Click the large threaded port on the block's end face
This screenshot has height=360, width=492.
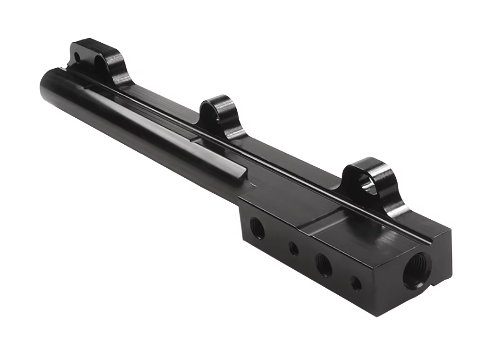(x=416, y=270)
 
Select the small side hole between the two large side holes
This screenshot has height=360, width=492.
(x=294, y=248)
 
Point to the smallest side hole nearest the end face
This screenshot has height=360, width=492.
(x=356, y=284)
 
